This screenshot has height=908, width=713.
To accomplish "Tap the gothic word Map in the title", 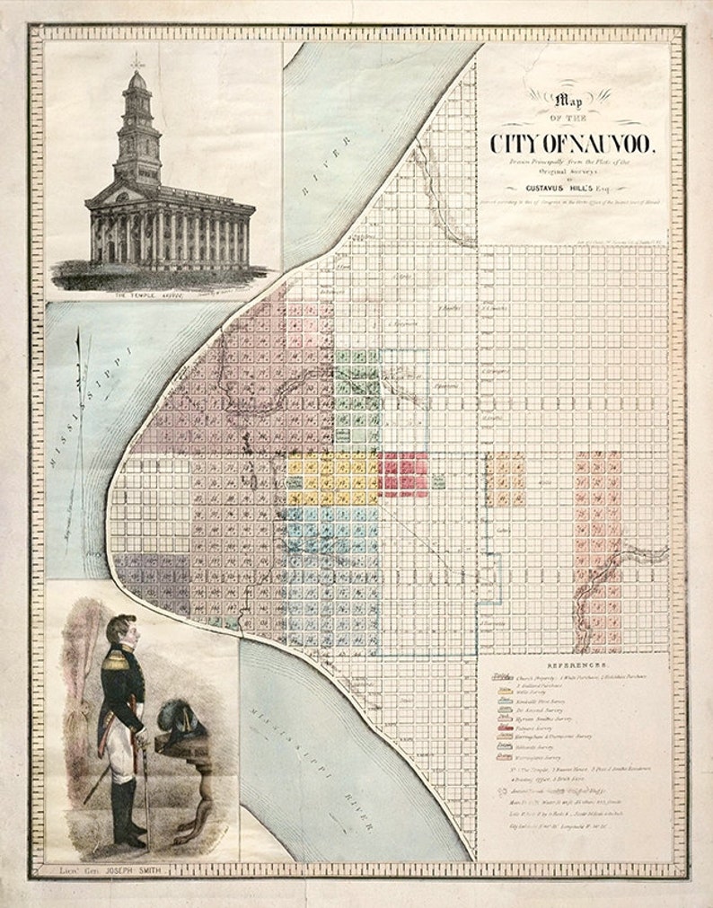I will pyautogui.click(x=569, y=101).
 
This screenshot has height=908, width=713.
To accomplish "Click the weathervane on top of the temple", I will pyautogui.click(x=136, y=60).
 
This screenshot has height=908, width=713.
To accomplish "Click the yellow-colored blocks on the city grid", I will pyautogui.click(x=332, y=479).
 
